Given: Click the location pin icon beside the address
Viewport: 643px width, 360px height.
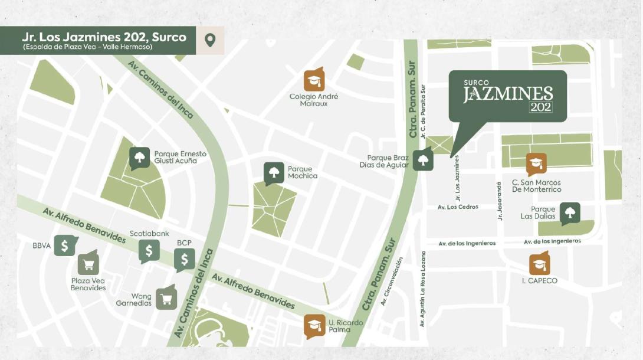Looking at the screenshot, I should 209,40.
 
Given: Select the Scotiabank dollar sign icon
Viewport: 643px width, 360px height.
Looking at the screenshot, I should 149,251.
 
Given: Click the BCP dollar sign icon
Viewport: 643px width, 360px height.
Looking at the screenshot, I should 185,259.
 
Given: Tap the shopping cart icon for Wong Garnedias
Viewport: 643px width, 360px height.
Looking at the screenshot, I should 166,297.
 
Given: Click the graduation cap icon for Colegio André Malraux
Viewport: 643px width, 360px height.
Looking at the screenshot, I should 314,80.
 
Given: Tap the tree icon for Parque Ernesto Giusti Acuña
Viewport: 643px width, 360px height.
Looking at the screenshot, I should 140,158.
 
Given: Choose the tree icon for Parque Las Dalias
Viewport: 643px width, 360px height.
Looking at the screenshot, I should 570,213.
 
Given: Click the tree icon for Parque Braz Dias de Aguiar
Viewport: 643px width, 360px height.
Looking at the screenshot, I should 423,159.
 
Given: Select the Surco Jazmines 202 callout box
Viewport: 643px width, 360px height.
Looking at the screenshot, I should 507,96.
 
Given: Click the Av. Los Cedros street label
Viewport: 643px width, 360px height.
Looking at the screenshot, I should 458,207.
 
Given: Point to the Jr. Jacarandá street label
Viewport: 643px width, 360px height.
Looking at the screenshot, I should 500,200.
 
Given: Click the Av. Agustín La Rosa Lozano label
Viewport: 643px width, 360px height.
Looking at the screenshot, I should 423,288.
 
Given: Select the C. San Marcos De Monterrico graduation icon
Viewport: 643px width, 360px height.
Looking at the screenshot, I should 536,164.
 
